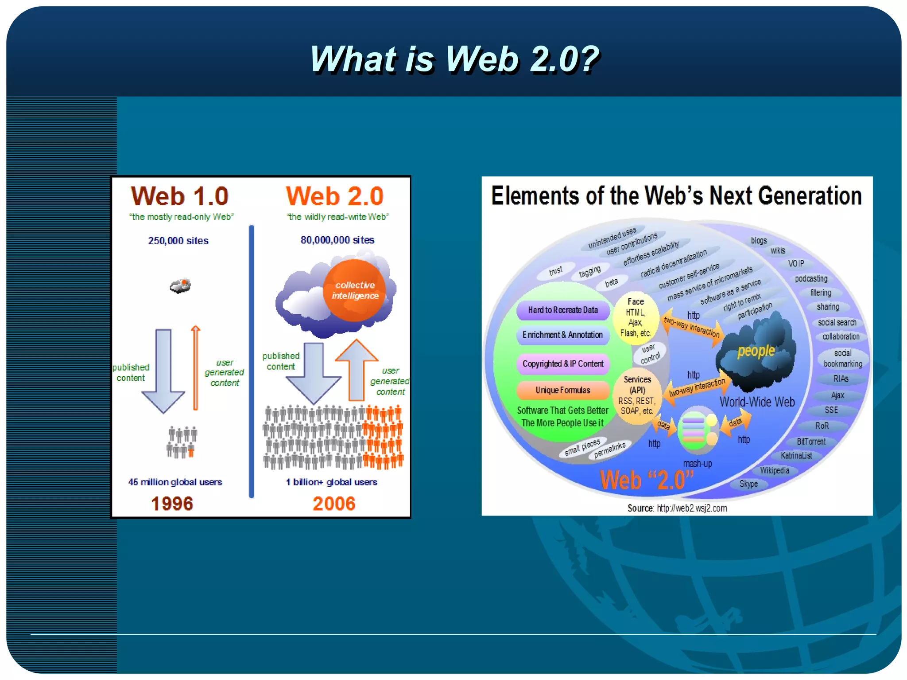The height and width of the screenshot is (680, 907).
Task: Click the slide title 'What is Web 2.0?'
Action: point(454,59)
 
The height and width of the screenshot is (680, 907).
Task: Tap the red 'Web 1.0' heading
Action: point(179,196)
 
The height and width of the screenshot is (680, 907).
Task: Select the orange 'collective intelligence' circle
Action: point(354,290)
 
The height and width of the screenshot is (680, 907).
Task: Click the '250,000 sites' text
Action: point(178,241)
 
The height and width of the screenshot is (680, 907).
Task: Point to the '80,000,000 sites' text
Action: point(337,240)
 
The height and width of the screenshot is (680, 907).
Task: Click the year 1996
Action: point(172,504)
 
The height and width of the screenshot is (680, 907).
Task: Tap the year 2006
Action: point(334,504)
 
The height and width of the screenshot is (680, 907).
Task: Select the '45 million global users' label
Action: point(175,482)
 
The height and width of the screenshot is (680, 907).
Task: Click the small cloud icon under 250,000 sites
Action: point(180,285)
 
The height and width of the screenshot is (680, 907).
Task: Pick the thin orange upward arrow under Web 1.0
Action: point(195,368)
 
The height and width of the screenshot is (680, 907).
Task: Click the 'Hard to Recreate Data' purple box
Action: point(562,310)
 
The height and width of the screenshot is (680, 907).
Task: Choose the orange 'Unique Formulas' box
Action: point(562,390)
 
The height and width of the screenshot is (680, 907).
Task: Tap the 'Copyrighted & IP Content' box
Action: point(562,363)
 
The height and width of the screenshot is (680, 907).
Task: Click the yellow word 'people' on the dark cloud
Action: point(756,351)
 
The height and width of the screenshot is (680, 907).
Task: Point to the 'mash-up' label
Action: point(697,464)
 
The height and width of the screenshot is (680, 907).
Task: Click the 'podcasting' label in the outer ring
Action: point(811,278)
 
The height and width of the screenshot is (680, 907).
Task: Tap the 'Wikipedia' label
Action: point(775,470)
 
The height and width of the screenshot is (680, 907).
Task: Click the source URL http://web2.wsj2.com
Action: point(691,508)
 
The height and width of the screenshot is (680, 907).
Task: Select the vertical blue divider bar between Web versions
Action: point(252,361)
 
